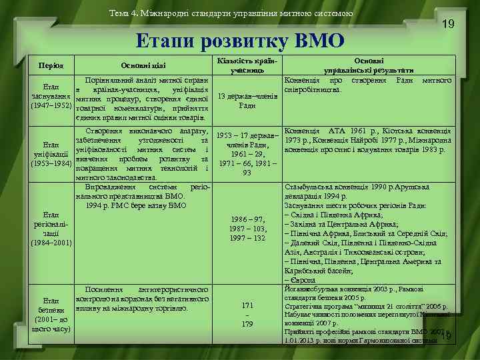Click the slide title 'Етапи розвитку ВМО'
[239, 41]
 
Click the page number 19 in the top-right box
[449, 24]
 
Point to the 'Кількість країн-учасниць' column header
[247, 65]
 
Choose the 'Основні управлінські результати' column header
[367, 64]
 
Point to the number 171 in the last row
[247, 305]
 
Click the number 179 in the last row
[247, 324]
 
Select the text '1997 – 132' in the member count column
[247, 238]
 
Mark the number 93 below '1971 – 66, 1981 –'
[247, 173]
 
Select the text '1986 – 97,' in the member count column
[247, 219]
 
